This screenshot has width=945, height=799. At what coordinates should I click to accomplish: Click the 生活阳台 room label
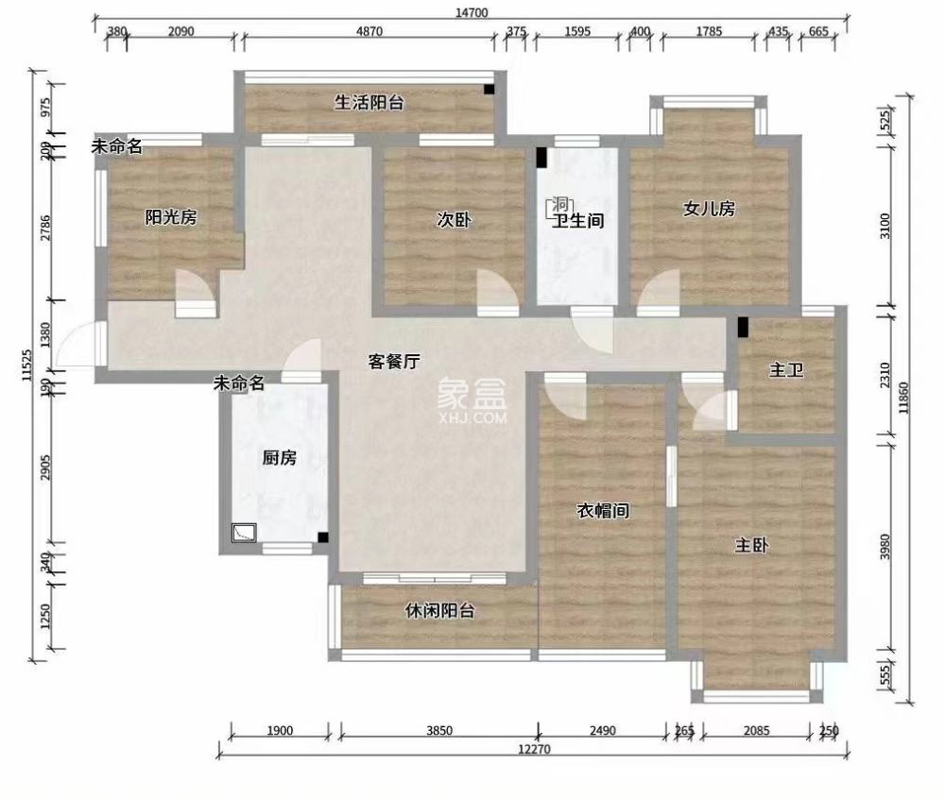[x=369, y=102]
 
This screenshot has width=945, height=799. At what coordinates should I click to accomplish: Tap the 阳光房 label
[x=170, y=217]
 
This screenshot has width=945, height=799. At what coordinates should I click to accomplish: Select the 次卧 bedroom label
[x=454, y=220]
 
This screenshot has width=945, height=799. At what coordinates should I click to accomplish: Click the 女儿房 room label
[x=709, y=209]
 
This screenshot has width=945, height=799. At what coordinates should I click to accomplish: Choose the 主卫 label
[x=786, y=370]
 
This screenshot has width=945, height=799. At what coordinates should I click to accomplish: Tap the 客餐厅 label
[x=394, y=360]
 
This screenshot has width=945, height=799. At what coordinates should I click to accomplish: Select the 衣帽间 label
[x=603, y=511]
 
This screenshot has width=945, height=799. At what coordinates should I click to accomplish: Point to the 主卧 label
[x=752, y=545]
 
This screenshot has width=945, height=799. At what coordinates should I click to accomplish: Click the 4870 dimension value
[x=369, y=31]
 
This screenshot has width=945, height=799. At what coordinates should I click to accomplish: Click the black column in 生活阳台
[x=489, y=90]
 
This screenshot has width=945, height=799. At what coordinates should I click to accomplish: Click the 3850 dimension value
[x=439, y=730]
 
